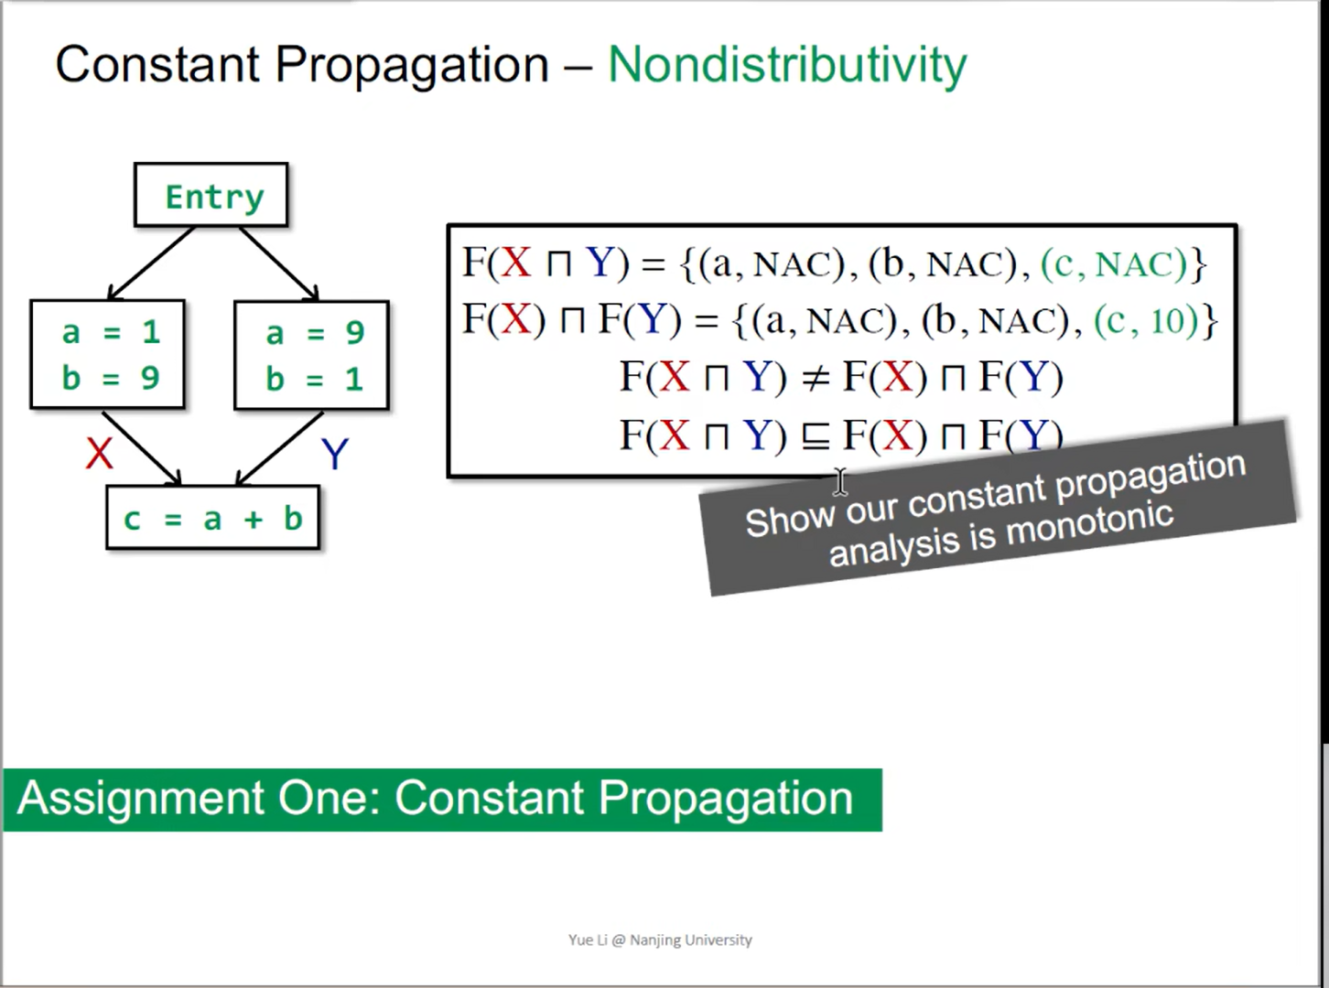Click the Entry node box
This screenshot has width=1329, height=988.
pos(211,195)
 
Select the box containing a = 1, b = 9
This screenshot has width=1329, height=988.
pos(108,354)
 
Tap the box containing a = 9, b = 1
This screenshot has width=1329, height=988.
pos(312,355)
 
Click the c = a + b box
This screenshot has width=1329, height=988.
pos(213,519)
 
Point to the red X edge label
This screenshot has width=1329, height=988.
pos(99,453)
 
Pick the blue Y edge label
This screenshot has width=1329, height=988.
pos(335,454)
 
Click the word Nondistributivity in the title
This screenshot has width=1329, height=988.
pos(787,66)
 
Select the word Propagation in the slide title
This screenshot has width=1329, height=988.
pos(412,66)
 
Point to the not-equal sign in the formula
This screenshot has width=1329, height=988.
pos(814,377)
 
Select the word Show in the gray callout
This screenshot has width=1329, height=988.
pos(790,520)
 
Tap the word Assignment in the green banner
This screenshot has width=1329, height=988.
pos(142,798)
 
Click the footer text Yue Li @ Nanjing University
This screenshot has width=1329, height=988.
pos(660,940)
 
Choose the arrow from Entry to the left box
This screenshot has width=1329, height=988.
pos(152,263)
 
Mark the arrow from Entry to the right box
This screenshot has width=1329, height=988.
pos(279,263)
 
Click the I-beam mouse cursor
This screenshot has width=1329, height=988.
pos(840,481)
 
